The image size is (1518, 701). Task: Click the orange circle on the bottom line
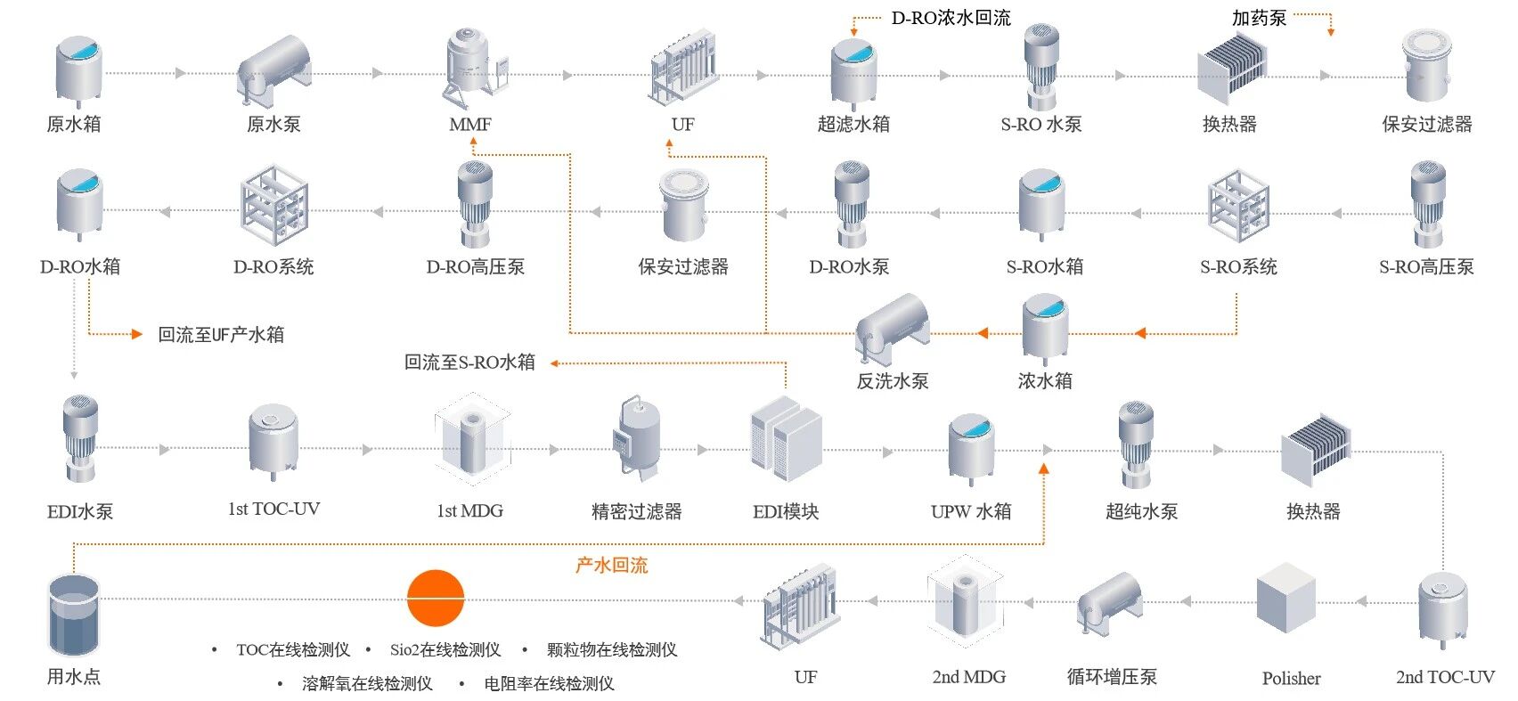point(436,599)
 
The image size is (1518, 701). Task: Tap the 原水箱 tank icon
point(78,70)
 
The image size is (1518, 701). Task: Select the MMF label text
point(470,125)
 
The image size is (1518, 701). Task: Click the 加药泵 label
point(1259,19)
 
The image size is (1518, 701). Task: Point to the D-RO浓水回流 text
point(951,19)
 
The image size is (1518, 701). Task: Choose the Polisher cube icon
point(1285,598)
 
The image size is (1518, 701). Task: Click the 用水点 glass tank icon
point(73,615)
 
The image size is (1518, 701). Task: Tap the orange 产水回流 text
point(611,565)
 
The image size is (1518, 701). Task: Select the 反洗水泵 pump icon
point(892,329)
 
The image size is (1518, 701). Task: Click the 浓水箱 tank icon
point(1044,327)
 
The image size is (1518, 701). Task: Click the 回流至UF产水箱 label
point(221,335)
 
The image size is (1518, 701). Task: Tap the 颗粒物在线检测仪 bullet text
point(612,650)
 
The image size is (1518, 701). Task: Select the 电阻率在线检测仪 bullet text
point(549,684)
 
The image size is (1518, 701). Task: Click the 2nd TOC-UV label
point(1445,677)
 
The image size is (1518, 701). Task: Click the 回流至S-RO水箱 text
point(469,363)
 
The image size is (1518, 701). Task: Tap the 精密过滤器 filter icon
point(638,440)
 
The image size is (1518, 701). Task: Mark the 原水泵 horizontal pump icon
point(274,68)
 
